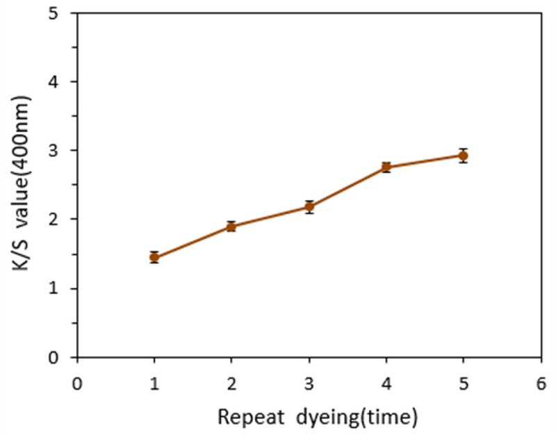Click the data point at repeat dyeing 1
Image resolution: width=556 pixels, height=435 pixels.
pos(154,257)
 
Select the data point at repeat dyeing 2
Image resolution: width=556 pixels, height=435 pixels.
pos(231,226)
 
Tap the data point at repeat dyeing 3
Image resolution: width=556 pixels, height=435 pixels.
pos(309,206)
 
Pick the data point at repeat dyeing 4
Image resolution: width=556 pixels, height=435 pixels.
pos(386,167)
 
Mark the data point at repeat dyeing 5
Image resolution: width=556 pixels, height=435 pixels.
pos(464,155)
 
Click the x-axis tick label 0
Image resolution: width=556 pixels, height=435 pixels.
pos(77,383)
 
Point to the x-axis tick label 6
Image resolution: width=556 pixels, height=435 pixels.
pos(541,383)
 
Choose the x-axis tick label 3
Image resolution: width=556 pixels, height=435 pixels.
pos(309,383)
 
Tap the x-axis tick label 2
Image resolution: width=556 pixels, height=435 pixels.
pos(231,383)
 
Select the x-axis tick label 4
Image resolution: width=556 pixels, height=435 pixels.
pos(386,383)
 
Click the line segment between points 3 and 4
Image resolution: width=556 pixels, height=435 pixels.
pos(347,187)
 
